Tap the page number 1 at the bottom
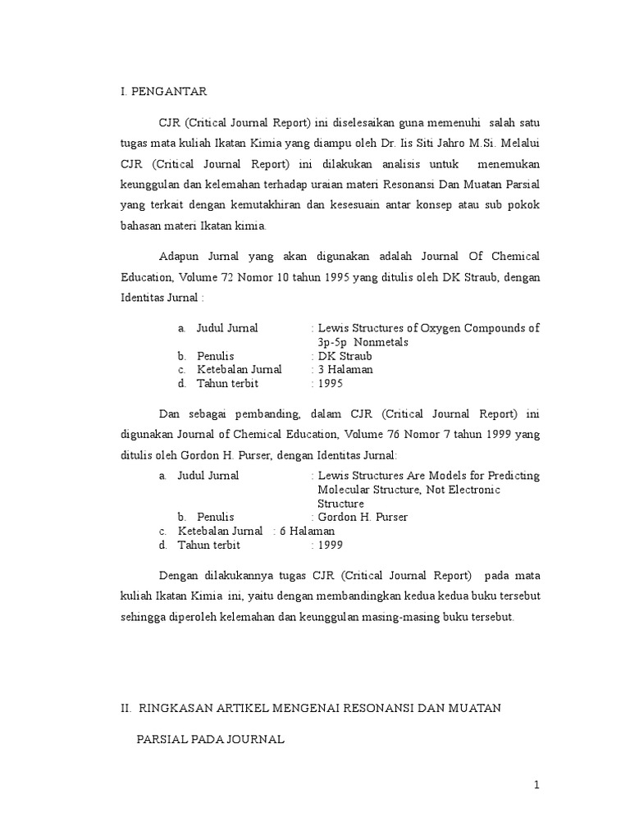[x=536, y=785]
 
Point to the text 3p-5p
[x=334, y=342]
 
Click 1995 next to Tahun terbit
[x=331, y=383]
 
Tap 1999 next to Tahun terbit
[x=331, y=545]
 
